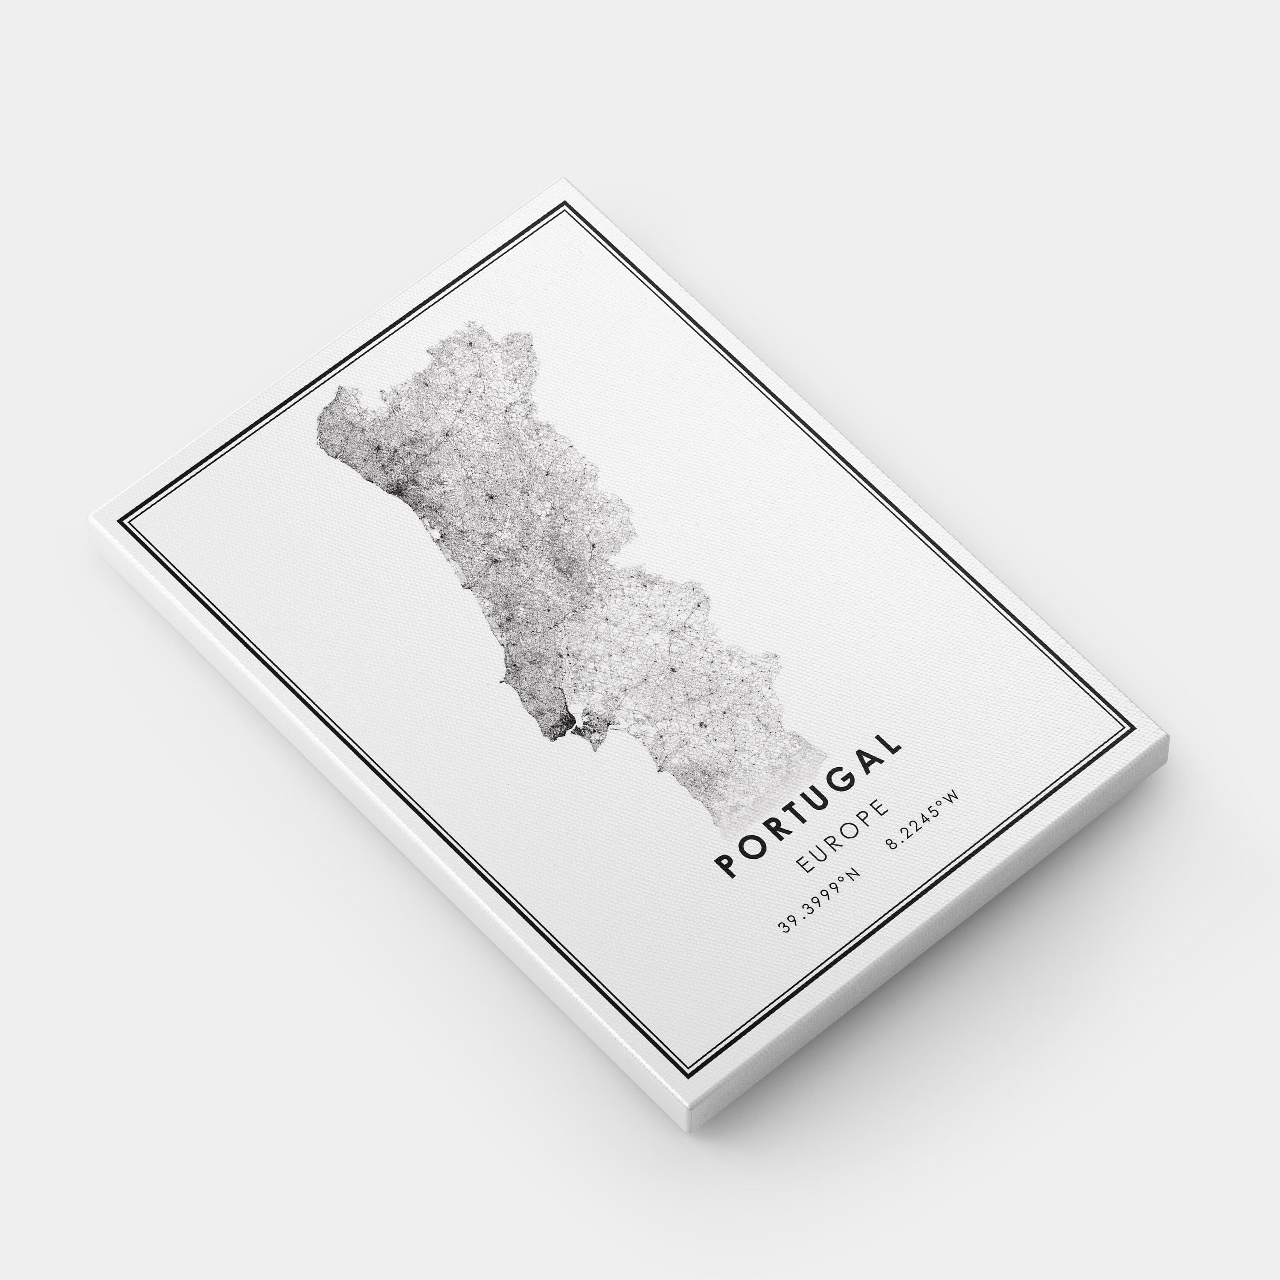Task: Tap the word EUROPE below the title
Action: (x=841, y=835)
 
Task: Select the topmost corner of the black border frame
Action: (x=565, y=203)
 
